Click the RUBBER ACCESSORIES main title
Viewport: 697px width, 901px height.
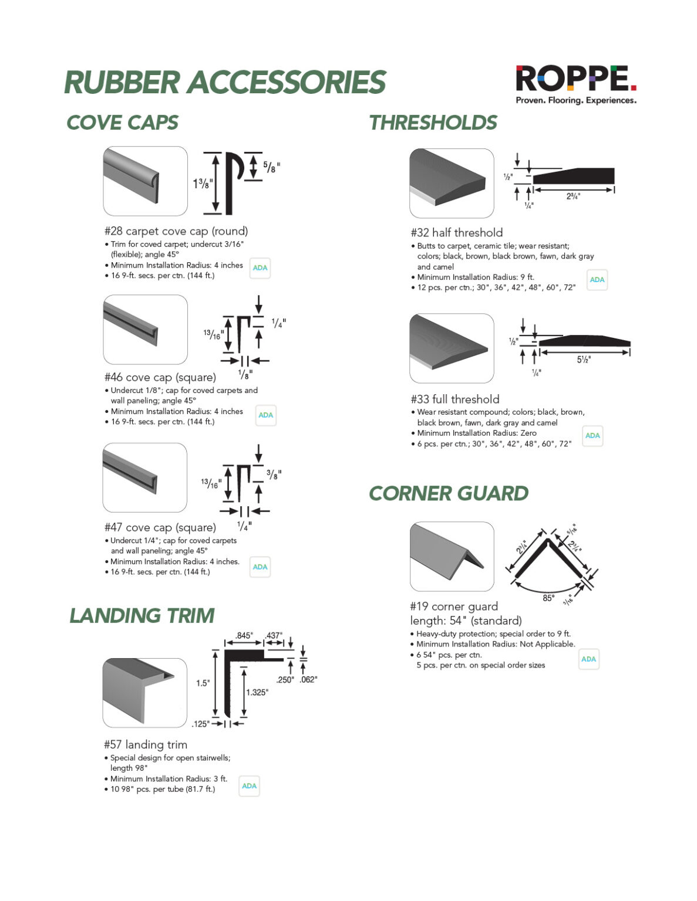(x=224, y=82)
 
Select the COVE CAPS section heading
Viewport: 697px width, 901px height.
(x=122, y=123)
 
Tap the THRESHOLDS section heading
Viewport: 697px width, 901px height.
(x=433, y=123)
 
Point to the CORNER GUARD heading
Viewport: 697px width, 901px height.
(x=448, y=493)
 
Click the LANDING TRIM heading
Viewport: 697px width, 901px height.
(x=142, y=615)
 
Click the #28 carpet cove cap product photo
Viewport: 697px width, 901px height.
(x=145, y=181)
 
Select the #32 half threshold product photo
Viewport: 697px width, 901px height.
(x=451, y=183)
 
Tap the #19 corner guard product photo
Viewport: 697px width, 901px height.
(x=451, y=556)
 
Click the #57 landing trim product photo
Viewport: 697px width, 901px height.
(x=144, y=693)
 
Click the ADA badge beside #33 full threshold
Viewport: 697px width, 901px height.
(x=592, y=436)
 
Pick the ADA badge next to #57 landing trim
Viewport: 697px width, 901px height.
(x=249, y=786)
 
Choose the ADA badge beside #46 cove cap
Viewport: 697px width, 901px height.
(x=265, y=415)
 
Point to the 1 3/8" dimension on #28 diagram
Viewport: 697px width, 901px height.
(x=201, y=184)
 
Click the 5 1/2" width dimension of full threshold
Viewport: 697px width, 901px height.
(x=583, y=360)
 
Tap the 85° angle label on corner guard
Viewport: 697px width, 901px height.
(x=548, y=598)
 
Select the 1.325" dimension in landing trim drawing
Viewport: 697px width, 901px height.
(x=257, y=693)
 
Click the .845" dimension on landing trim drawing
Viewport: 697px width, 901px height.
(x=244, y=636)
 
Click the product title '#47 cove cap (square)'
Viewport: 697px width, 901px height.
(x=160, y=527)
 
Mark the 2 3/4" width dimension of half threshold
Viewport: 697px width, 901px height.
(x=573, y=197)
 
